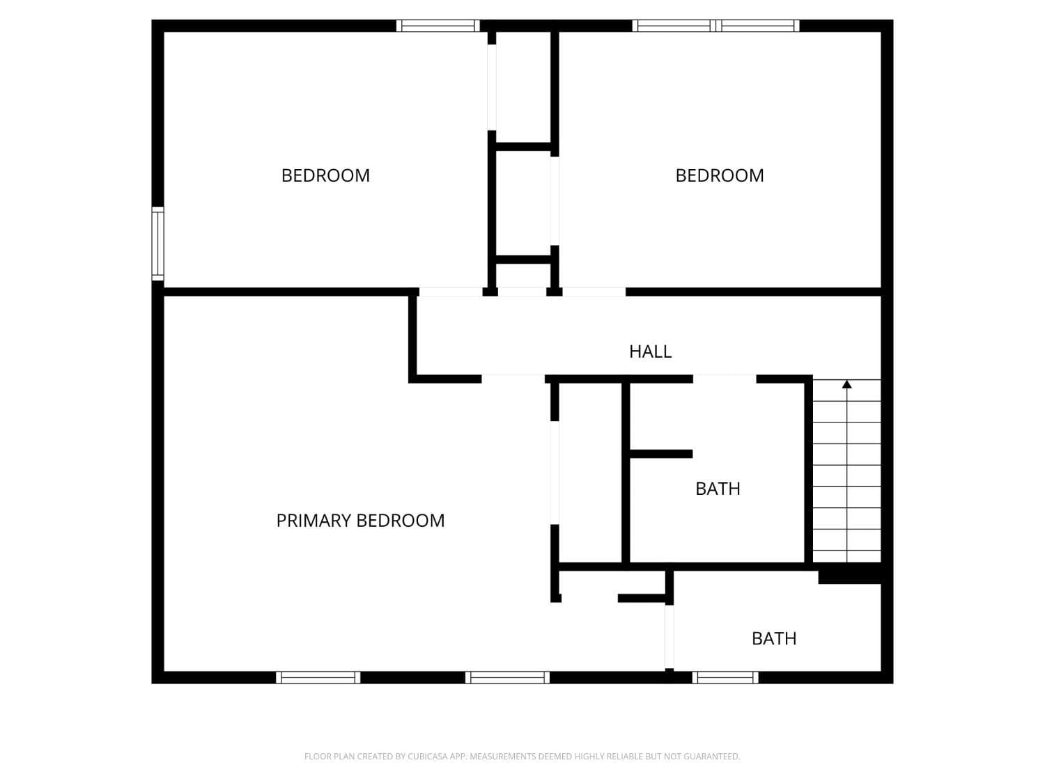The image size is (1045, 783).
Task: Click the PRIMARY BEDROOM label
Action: tap(360, 521)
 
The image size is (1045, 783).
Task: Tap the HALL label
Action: tap(650, 351)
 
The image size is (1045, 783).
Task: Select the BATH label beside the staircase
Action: tap(718, 489)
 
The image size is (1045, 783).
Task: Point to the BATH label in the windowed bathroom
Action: tap(773, 638)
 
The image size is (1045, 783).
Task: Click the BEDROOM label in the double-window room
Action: tap(719, 175)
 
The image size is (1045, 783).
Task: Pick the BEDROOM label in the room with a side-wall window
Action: tap(325, 175)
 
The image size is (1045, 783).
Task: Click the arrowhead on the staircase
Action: tap(846, 384)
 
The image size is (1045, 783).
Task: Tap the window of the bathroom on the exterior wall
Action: tap(725, 677)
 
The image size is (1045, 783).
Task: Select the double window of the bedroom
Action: tap(716, 26)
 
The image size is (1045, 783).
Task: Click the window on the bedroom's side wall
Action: tap(158, 244)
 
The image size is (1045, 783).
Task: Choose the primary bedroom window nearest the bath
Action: tap(507, 677)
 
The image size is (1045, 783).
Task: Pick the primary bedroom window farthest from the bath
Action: tap(318, 677)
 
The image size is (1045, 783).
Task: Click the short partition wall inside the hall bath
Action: tap(660, 454)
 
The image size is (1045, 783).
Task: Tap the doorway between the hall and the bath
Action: tap(725, 379)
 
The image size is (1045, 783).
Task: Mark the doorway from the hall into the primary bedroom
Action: tap(513, 379)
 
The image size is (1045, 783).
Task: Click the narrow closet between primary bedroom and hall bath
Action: tap(589, 473)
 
